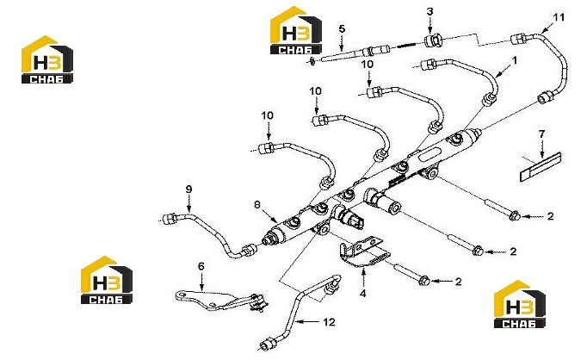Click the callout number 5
pyautogui.click(x=342, y=28)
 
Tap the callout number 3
pyautogui.click(x=429, y=11)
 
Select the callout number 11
pyautogui.click(x=559, y=17)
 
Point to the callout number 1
pyautogui.click(x=515, y=60)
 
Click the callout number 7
pyautogui.click(x=541, y=133)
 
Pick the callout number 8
pyautogui.click(x=256, y=204)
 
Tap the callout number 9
pyautogui.click(x=188, y=189)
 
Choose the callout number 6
pyautogui.click(x=201, y=266)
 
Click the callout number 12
pyautogui.click(x=329, y=322)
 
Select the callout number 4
pyautogui.click(x=362, y=293)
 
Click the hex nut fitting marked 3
pyautogui.click(x=434, y=40)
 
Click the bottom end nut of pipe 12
pyautogui.click(x=267, y=344)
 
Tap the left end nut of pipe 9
pyautogui.click(x=170, y=218)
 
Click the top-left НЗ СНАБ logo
pyautogui.click(x=46, y=59)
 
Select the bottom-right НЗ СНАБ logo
pyautogui.click(x=520, y=304)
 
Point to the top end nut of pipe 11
pyautogui.click(x=519, y=39)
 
